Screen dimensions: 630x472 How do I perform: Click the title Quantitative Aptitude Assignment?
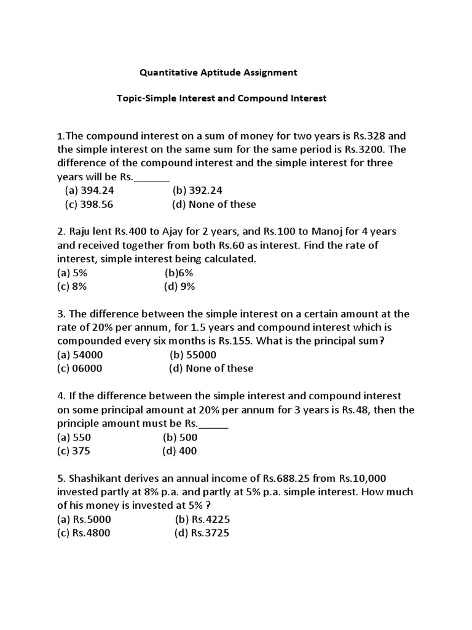click(x=218, y=73)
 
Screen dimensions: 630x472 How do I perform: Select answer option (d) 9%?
click(x=179, y=286)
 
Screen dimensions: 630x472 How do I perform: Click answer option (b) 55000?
click(x=193, y=355)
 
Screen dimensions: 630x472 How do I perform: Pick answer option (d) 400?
click(x=179, y=451)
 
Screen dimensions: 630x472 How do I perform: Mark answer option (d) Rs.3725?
click(x=202, y=533)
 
